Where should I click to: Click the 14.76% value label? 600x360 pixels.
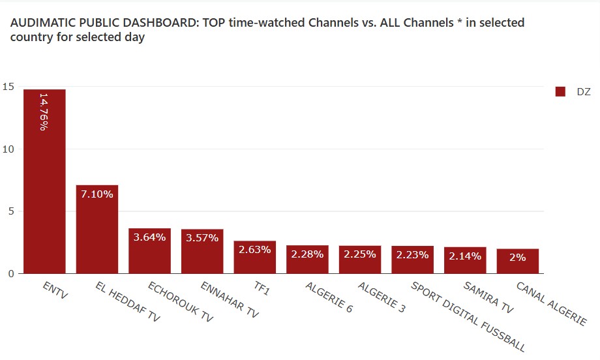pyautogui.click(x=44, y=112)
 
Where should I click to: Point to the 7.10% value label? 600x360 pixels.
pyautogui.click(x=97, y=194)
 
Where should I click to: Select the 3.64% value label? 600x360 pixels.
pyautogui.click(x=149, y=237)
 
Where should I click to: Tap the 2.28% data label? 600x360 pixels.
pyautogui.click(x=307, y=254)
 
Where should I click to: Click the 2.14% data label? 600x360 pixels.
pyautogui.click(x=465, y=256)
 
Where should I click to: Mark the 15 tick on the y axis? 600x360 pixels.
pyautogui.click(x=8, y=87)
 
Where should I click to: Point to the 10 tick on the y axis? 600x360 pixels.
pyautogui.click(x=8, y=149)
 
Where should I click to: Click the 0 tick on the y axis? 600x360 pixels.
pyautogui.click(x=10, y=274)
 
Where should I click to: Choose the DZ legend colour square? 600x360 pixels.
pyautogui.click(x=560, y=92)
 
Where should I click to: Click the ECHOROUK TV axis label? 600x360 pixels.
pyautogui.click(x=181, y=303)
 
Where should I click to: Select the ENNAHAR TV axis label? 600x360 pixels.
pyautogui.click(x=230, y=301)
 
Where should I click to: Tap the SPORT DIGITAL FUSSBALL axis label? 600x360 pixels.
pyautogui.click(x=468, y=317)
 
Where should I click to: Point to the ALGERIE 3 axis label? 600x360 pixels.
pyautogui.click(x=382, y=298)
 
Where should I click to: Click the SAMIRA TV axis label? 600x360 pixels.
pyautogui.click(x=488, y=298)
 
